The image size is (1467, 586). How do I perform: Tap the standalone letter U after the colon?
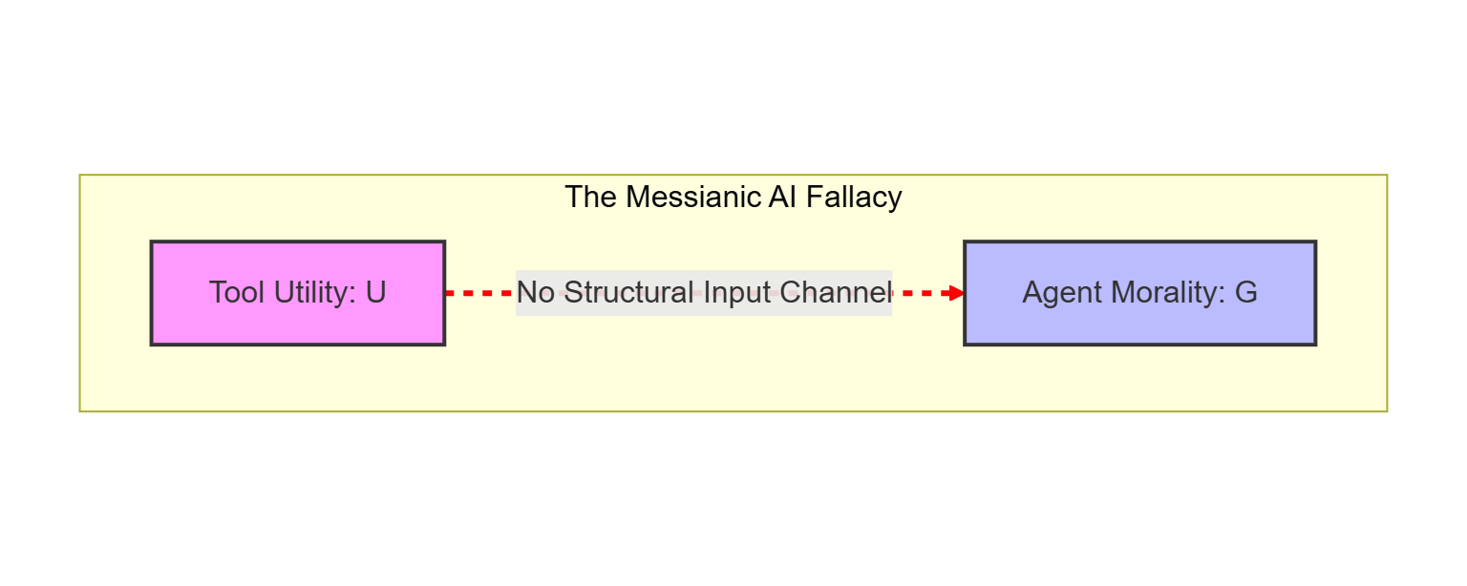pyautogui.click(x=375, y=292)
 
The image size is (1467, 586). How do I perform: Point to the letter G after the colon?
pyautogui.click(x=1245, y=292)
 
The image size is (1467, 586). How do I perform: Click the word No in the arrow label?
pyautogui.click(x=536, y=293)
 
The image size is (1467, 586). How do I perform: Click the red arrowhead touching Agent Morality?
pyautogui.click(x=956, y=293)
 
